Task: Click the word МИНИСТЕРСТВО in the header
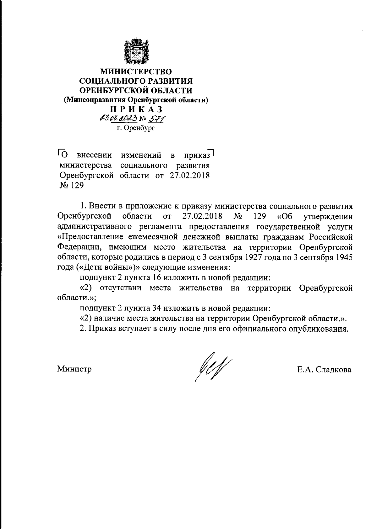click(136, 71)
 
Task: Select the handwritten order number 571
click(158, 119)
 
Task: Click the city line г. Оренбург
click(136, 128)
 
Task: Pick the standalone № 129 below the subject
click(71, 186)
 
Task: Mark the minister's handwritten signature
click(212, 366)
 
